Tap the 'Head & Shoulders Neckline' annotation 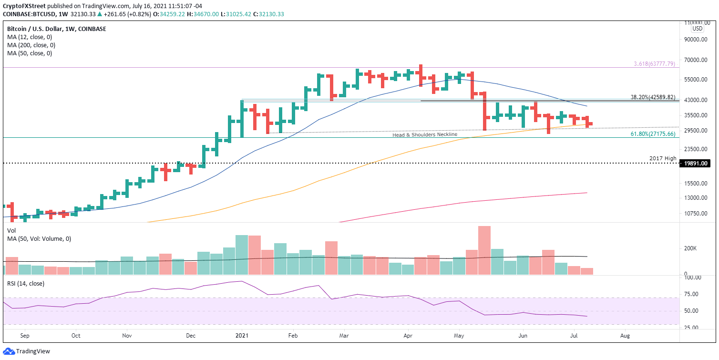pyautogui.click(x=424, y=135)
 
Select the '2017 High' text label pyautogui.click(x=663, y=158)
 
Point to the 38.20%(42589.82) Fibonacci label pyautogui.click(x=653, y=97)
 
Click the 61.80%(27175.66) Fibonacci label pyautogui.click(x=653, y=134)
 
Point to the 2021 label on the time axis pyautogui.click(x=242, y=335)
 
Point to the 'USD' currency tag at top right pyautogui.click(x=697, y=29)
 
